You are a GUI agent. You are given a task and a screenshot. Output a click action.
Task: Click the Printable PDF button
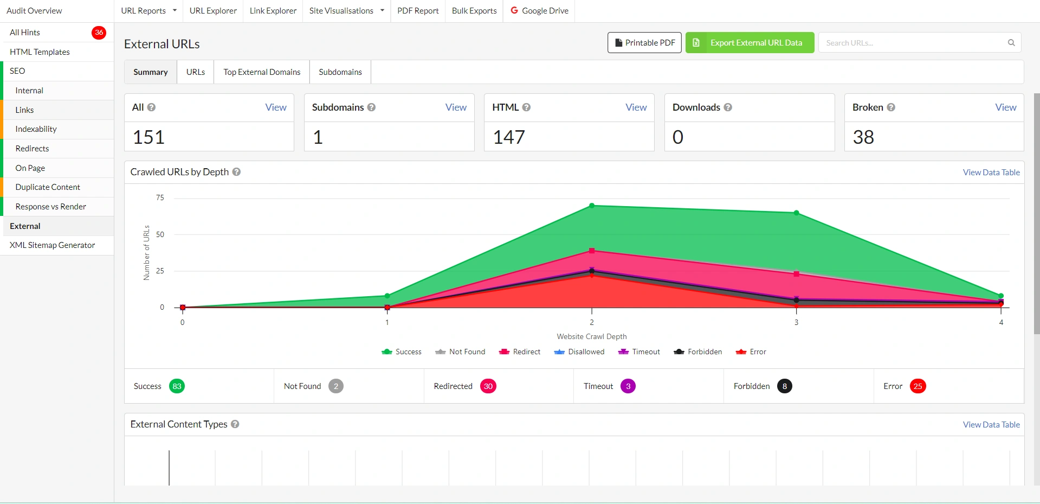(x=644, y=43)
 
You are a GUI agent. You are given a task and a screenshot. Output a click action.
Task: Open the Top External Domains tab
(x=262, y=72)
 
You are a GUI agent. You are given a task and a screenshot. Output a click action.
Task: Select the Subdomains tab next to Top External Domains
(x=340, y=72)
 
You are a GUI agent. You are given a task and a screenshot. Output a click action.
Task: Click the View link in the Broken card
(x=1005, y=107)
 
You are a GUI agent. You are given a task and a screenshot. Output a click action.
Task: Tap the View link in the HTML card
(x=636, y=107)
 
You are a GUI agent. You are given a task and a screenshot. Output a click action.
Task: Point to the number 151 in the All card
(x=148, y=137)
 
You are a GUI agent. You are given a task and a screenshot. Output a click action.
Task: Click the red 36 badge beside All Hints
(x=99, y=33)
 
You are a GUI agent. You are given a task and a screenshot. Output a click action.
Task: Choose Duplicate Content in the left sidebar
(x=48, y=187)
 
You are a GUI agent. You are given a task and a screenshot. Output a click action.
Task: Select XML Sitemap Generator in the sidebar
(x=52, y=245)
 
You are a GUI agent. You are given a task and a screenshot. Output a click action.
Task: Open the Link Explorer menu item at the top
(x=273, y=11)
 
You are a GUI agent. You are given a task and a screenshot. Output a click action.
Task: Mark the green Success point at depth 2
(x=592, y=206)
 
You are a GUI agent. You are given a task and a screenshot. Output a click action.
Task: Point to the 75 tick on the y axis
(x=160, y=198)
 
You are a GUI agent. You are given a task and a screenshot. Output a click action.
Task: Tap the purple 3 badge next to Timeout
(x=628, y=386)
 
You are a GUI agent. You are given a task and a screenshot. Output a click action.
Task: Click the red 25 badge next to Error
(x=918, y=386)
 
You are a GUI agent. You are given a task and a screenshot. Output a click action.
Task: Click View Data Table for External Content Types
(x=991, y=425)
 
